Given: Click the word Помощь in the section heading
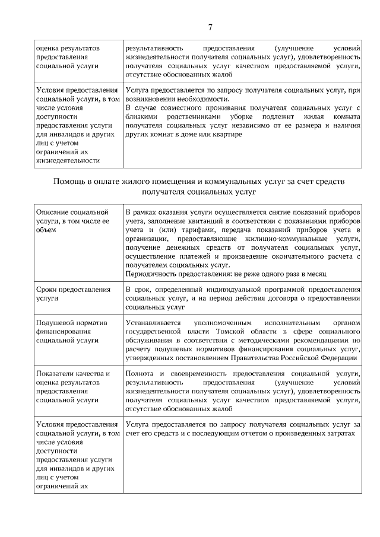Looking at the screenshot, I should pos(70,180).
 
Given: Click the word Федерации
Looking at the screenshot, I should pos(338,358).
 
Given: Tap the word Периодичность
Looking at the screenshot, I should pos(152,274).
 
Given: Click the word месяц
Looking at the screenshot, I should pos(316,274).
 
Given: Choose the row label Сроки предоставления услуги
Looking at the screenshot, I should pos(74,294).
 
